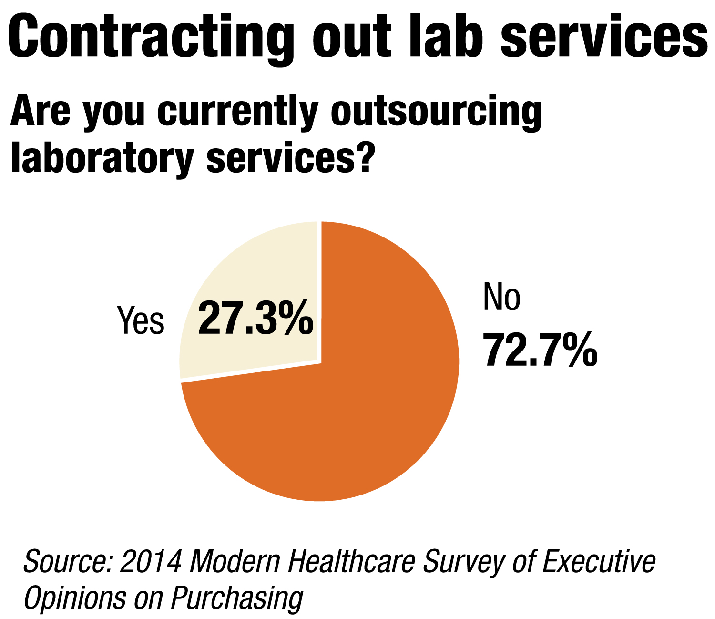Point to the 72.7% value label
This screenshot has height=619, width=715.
click(x=540, y=351)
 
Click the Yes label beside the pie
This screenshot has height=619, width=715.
click(x=141, y=320)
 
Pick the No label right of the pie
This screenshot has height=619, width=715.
click(x=501, y=297)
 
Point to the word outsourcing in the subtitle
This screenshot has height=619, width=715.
click(x=436, y=113)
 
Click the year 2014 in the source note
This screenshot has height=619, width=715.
click(x=151, y=562)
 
